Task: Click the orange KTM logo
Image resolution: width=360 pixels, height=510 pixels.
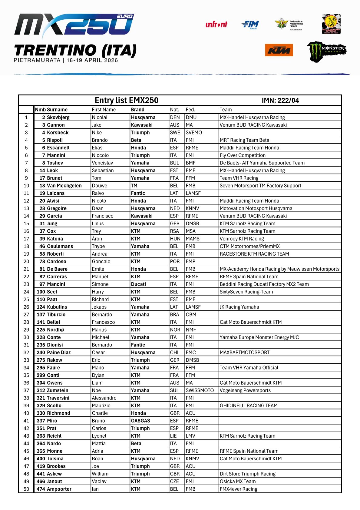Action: coord(279,50)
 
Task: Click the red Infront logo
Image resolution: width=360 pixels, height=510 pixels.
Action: coord(216,25)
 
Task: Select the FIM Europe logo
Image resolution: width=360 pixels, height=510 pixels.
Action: coord(250,25)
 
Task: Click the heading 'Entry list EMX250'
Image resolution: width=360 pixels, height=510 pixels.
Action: coord(126,100)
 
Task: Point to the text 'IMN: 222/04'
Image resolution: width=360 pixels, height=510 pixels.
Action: coord(280,101)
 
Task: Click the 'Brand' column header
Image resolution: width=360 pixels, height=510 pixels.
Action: coord(137,110)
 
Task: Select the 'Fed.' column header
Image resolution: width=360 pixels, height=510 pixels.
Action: coord(190,110)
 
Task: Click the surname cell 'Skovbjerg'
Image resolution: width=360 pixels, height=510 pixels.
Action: coord(58,118)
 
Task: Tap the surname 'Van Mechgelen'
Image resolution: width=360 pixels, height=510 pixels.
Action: coord(64,186)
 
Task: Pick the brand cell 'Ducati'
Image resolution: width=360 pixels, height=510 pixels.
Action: coord(138,284)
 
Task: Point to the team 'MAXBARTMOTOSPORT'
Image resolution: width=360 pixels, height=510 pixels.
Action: coord(244,353)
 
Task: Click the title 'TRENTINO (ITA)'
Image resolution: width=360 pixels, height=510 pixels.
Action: coord(75,50)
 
